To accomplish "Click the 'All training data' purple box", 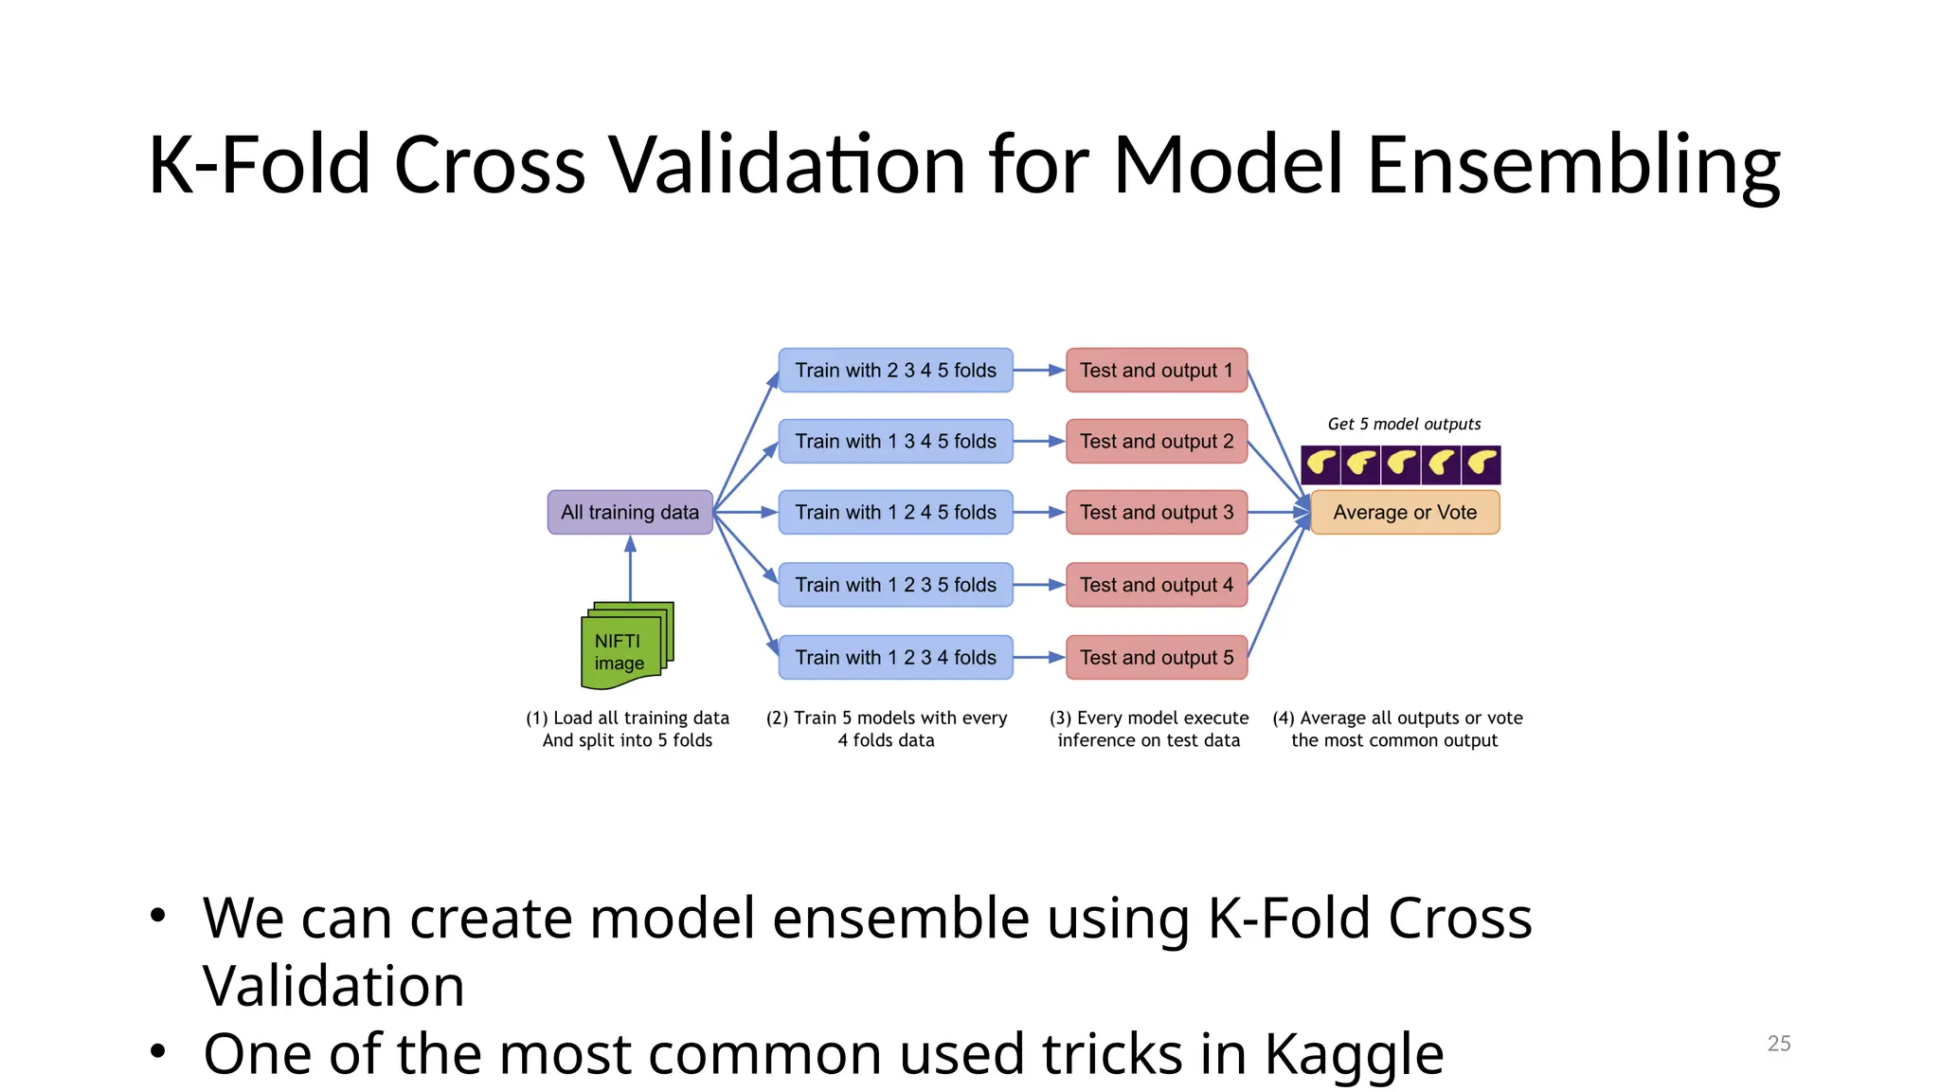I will (630, 512).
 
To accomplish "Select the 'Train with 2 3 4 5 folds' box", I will (895, 370).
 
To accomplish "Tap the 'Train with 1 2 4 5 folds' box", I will (895, 512).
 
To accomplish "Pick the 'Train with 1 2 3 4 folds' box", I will (895, 657).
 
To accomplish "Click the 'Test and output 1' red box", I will (1157, 370).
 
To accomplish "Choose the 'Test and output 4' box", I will (1157, 585).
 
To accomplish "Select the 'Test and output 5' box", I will (1157, 657).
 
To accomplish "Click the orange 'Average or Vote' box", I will (1405, 512).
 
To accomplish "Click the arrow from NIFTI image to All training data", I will (630, 569).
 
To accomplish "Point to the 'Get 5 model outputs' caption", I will (1404, 424).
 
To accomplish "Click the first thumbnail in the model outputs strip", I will (1320, 464).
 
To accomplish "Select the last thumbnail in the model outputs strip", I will (1482, 464).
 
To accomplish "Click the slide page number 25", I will (1778, 1043).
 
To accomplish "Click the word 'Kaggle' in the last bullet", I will (1354, 1053).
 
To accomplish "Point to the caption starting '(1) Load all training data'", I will (627, 729).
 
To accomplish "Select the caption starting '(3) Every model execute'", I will (1148, 729).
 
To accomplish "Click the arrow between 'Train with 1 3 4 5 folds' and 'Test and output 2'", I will (1039, 441).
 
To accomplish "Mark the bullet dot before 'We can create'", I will (158, 916).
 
